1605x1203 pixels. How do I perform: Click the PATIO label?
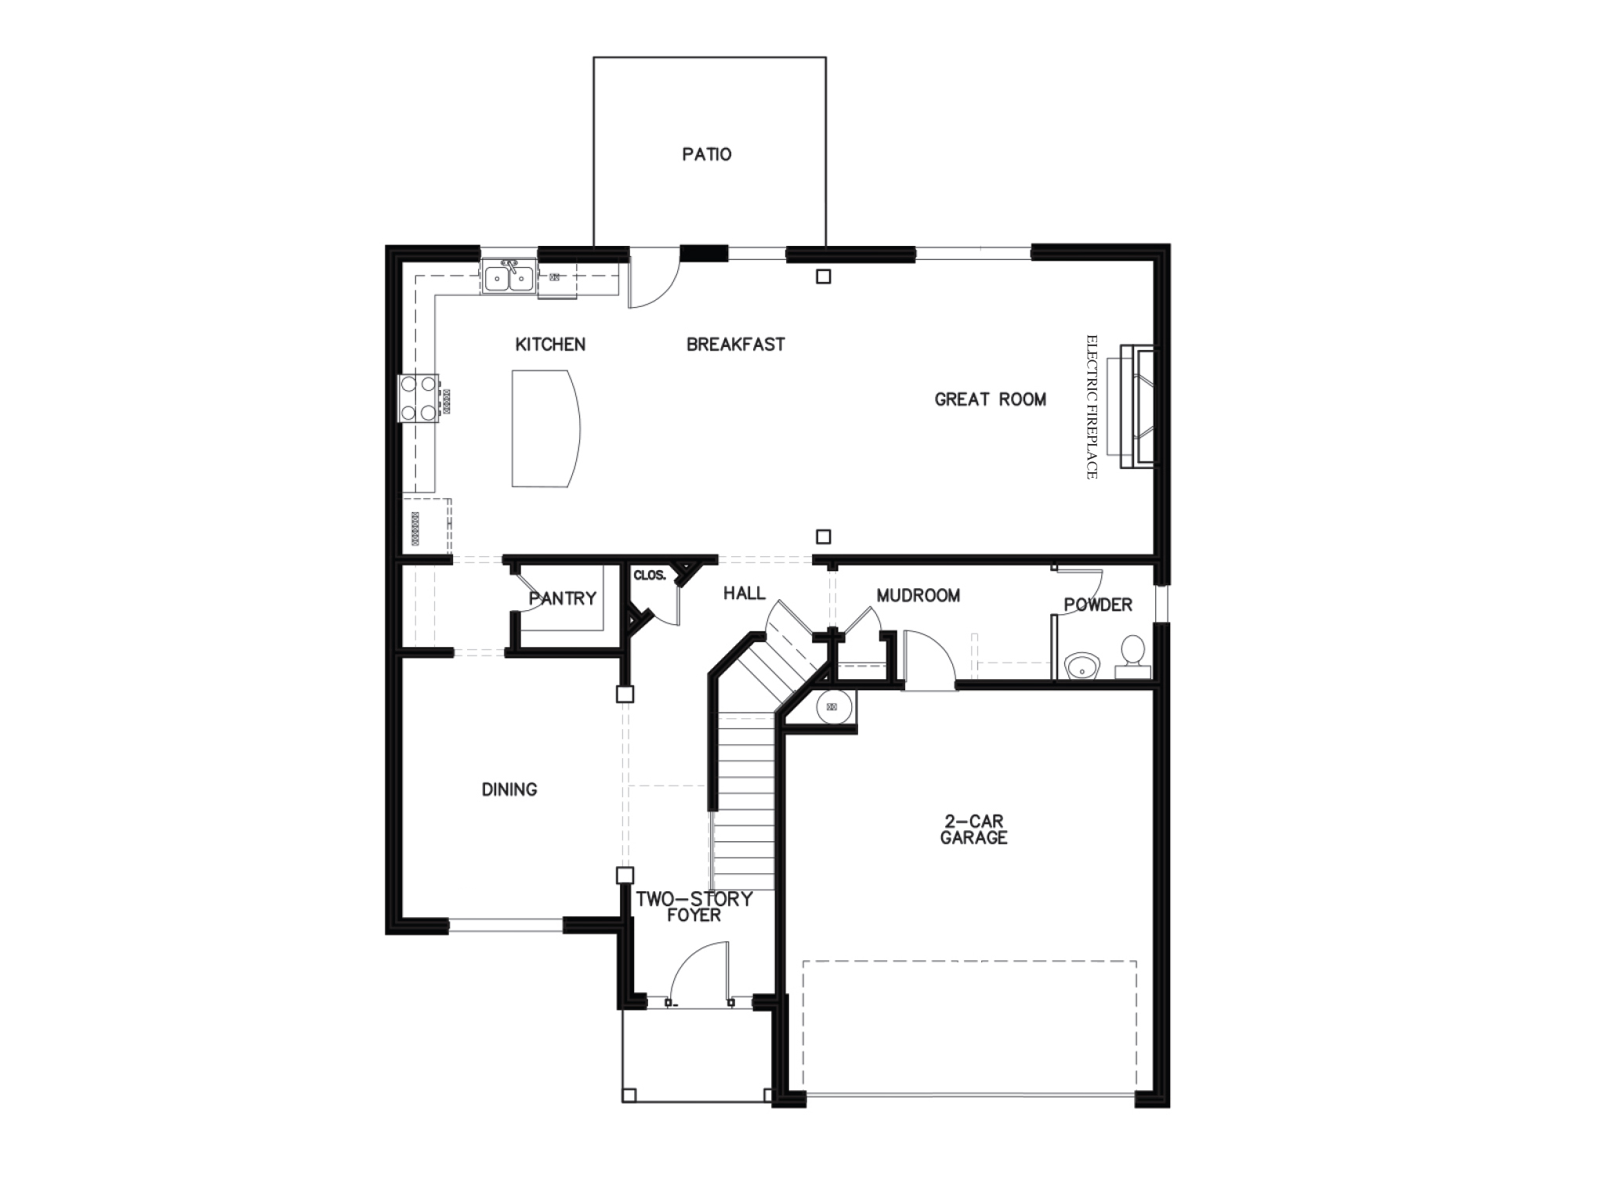[707, 154]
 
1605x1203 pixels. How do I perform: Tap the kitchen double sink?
[509, 278]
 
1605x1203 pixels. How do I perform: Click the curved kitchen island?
[545, 428]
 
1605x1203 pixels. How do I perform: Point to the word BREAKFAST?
[735, 345]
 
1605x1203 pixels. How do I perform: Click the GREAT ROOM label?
[990, 399]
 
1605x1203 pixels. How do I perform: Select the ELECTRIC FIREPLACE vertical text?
[1092, 406]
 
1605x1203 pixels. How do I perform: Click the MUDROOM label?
[918, 595]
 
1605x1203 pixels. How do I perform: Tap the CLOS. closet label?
[649, 576]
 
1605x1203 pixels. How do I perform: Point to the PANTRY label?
[563, 598]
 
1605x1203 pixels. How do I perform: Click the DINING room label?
[509, 789]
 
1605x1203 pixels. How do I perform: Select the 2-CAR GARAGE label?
[973, 829]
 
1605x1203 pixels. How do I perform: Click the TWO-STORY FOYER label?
[694, 907]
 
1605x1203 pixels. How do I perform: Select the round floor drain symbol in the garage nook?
[832, 707]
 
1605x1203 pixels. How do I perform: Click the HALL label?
[744, 594]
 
